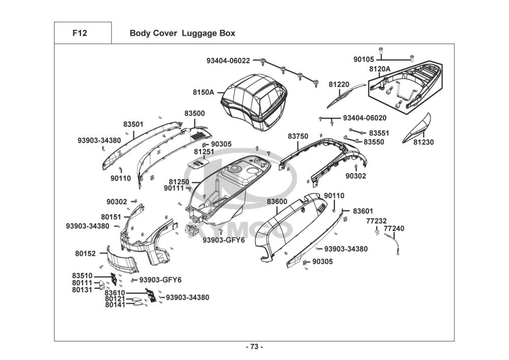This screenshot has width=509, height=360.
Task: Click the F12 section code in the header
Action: [x=80, y=34]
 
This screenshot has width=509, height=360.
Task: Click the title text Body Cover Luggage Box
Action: [x=182, y=34]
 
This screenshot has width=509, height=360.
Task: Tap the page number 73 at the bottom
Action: [x=254, y=347]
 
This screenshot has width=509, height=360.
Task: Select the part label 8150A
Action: [x=203, y=93]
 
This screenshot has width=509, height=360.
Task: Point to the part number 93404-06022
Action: [x=228, y=61]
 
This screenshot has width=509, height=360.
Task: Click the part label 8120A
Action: [x=380, y=69]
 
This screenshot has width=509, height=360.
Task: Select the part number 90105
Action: [x=363, y=60]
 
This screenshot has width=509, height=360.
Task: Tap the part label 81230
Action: [x=423, y=143]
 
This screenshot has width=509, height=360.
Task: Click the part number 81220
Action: [x=338, y=84]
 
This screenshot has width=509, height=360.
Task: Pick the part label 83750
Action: [x=298, y=136]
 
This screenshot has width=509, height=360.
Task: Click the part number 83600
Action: [x=277, y=202]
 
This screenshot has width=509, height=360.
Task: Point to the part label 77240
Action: [x=394, y=229]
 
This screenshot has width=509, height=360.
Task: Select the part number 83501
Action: [x=133, y=124]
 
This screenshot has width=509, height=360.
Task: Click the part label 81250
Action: [x=179, y=182]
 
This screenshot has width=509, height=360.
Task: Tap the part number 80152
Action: [x=86, y=253]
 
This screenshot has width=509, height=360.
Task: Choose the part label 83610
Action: [x=115, y=293]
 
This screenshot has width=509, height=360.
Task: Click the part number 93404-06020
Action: [x=364, y=118]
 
